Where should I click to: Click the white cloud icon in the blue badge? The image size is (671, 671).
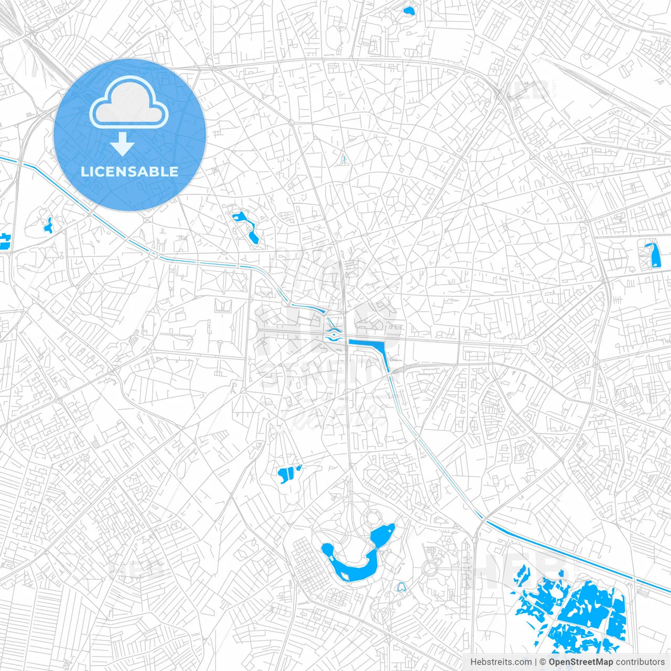pos(129,102)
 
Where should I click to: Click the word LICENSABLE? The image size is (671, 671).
pos(129,171)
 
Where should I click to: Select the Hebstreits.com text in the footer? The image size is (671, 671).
pos(501,662)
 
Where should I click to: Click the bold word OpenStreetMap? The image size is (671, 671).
pos(580,662)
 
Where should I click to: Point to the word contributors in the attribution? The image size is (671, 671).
pos(640,662)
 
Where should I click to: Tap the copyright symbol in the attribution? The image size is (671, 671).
pos(543,662)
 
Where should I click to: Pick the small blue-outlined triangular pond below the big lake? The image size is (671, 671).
pos(401,587)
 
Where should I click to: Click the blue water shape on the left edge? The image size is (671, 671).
pos(4,241)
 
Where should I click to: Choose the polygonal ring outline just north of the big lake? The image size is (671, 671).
pos(372,517)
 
